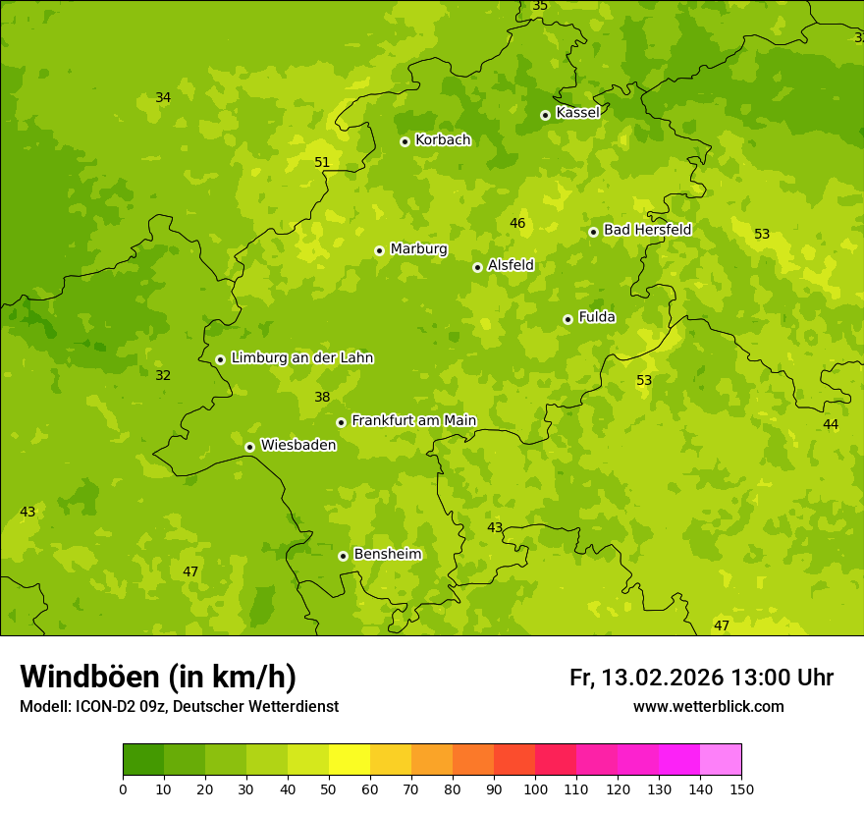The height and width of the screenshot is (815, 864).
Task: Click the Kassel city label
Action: [577, 113]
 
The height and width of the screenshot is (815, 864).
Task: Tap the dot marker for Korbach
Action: [405, 141]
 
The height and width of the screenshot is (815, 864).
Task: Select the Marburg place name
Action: [418, 249]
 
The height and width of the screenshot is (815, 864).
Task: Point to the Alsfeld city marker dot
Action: [477, 267]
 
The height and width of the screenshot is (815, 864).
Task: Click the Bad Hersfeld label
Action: [647, 230]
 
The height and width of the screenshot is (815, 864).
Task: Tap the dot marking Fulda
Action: [567, 319]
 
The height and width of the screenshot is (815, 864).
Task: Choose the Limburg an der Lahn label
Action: [301, 358]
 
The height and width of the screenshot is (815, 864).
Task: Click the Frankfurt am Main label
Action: [413, 421]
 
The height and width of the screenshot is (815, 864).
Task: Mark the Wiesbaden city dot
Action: [249, 447]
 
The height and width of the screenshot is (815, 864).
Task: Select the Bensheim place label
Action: [387, 555]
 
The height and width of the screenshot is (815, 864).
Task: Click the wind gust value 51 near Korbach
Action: [322, 162]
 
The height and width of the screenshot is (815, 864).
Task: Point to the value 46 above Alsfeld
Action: [517, 223]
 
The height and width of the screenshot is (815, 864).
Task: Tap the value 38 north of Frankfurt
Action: [322, 397]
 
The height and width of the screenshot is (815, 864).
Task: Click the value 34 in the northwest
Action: [163, 97]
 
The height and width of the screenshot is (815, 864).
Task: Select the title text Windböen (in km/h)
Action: [158, 677]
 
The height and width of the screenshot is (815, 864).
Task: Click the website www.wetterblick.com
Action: [708, 707]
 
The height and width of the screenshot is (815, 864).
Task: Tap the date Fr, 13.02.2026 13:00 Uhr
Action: [701, 678]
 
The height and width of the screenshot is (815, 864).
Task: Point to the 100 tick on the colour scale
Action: [535, 789]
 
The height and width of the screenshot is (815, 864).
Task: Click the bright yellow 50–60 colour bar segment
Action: [350, 760]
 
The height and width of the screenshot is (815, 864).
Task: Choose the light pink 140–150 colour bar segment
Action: [721, 760]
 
